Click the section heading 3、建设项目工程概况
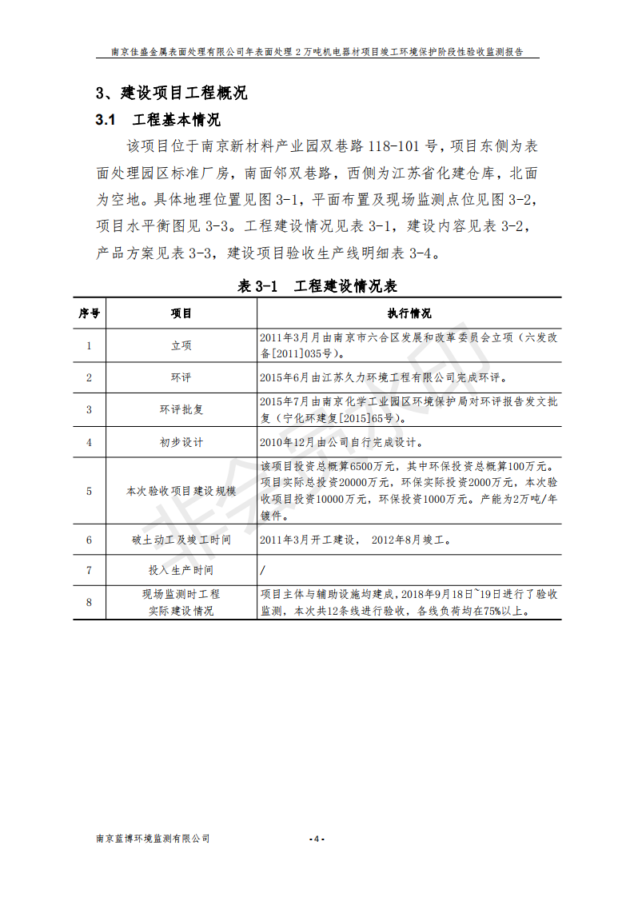[172, 93]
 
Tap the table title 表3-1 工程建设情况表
[317, 286]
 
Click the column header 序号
[89, 313]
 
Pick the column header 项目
[181, 313]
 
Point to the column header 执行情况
[409, 313]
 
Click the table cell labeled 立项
[181, 346]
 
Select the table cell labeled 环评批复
[181, 409]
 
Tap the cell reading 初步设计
[181, 442]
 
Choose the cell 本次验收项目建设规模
[181, 491]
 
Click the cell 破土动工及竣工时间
[181, 540]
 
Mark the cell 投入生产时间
[181, 571]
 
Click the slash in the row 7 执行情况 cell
[263, 571]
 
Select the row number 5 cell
[89, 491]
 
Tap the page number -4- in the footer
[317, 839]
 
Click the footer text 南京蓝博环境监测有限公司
[153, 839]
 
